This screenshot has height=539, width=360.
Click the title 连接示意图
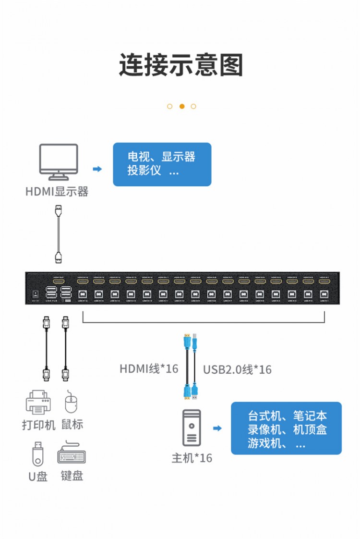pyautogui.click(x=181, y=65)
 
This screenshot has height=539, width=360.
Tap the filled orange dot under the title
pyautogui.click(x=182, y=106)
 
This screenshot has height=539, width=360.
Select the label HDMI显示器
pyautogui.click(x=57, y=192)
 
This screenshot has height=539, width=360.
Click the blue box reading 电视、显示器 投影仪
pyautogui.click(x=162, y=164)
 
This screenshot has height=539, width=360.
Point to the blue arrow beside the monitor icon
pyautogui.click(x=97, y=169)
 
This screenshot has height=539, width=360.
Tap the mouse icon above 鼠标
pyautogui.click(x=72, y=402)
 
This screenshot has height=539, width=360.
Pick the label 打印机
pyautogui.click(x=38, y=425)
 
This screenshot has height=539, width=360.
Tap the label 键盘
pyautogui.click(x=72, y=476)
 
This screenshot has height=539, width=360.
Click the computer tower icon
pyautogui.click(x=192, y=428)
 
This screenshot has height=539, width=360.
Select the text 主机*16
pyautogui.click(x=192, y=458)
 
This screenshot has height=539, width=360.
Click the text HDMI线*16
pyautogui.click(x=149, y=368)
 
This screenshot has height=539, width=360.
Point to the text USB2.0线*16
pyautogui.click(x=237, y=369)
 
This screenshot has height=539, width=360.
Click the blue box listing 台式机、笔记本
pyautogui.click(x=286, y=429)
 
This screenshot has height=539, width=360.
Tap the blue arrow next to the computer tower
pyautogui.click(x=217, y=428)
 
